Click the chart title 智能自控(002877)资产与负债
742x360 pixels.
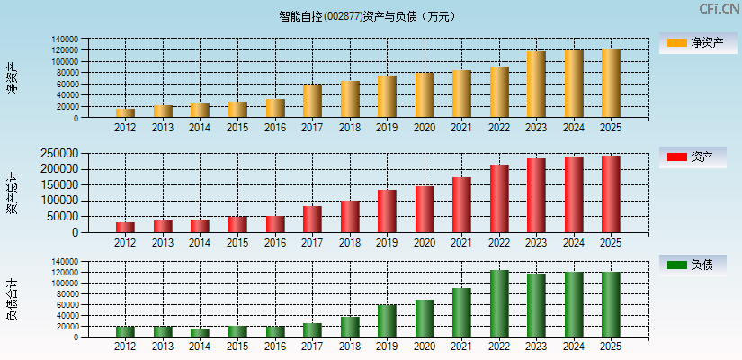point(368,15)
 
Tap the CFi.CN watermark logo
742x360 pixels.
point(719,9)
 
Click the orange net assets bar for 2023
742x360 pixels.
point(536,85)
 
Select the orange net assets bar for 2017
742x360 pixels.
point(312,101)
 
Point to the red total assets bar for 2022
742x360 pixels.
point(499,199)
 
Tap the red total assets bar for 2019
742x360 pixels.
point(387,211)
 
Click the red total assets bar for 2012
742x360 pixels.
point(125,227)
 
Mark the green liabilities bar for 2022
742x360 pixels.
point(499,303)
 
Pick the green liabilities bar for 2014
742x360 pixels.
point(200,332)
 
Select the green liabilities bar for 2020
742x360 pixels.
point(425,318)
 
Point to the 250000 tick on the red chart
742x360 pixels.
point(60,154)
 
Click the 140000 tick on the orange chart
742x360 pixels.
point(63,40)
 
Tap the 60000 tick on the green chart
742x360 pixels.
point(66,304)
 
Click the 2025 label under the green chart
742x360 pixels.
point(611,346)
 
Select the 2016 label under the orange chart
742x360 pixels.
point(274,128)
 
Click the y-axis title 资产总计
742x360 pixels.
point(12,194)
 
